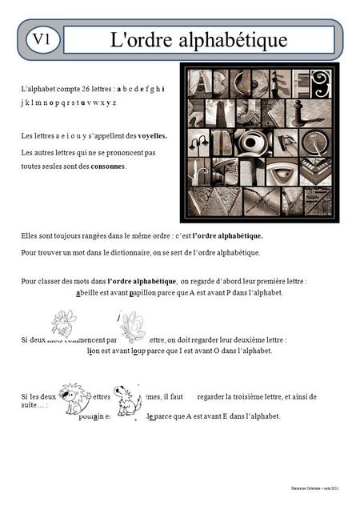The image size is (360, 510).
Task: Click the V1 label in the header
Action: point(42,38)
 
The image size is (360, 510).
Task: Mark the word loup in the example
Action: point(143,351)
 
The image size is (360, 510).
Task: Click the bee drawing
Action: point(62,323)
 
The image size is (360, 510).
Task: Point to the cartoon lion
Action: point(73,398)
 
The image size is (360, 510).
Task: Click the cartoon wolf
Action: point(126,400)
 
